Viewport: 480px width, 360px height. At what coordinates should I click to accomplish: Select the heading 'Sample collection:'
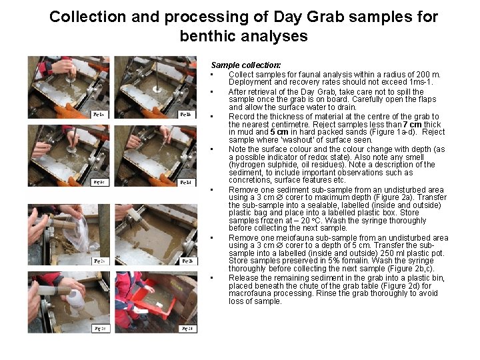pyautogui.click(x=245, y=65)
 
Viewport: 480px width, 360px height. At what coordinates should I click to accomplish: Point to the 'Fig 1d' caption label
pyautogui.click(x=187, y=182)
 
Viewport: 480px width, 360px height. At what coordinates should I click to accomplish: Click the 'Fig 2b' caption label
pyautogui.click(x=187, y=261)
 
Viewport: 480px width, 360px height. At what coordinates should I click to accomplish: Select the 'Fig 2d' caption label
pyautogui.click(x=187, y=329)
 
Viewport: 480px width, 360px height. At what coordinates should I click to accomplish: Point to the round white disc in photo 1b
pyautogui.click(x=156, y=88)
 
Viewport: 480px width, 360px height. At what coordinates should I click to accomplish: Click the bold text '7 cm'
pyautogui.click(x=414, y=125)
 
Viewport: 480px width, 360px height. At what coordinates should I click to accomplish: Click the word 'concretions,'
pyautogui.click(x=250, y=180)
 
